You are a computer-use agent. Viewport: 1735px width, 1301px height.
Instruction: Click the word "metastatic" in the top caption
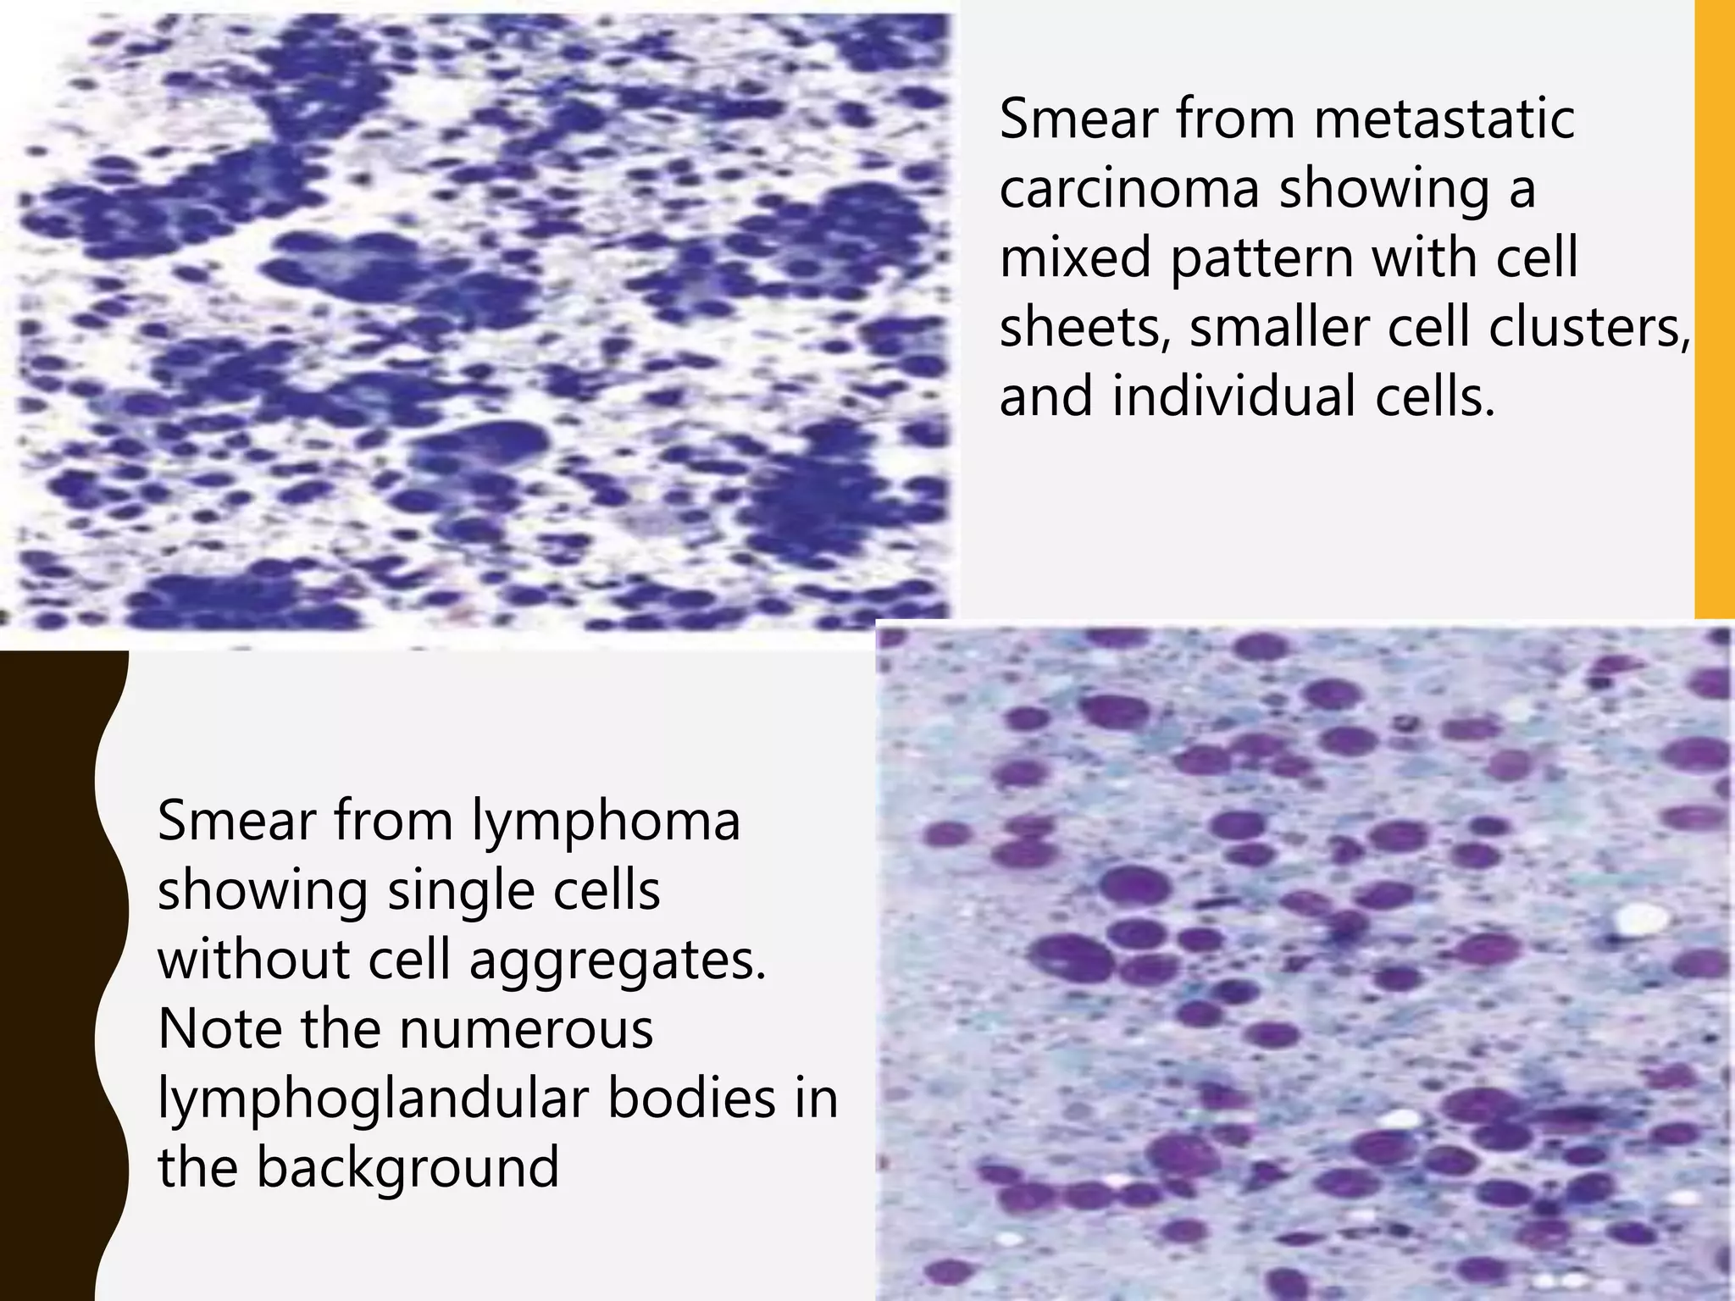1444,119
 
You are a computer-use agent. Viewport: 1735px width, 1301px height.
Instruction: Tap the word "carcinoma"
1129,189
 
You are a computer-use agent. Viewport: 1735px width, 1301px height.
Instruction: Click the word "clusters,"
1588,328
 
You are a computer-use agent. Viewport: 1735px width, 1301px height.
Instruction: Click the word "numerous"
525,1030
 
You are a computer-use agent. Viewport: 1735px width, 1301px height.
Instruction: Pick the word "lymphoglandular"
372,1099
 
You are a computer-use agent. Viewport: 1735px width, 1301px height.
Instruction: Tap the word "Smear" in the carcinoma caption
1078,119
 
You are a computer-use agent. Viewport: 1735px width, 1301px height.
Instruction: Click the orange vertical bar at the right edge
1714,309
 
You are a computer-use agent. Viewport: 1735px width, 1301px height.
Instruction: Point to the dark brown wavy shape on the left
51,974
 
